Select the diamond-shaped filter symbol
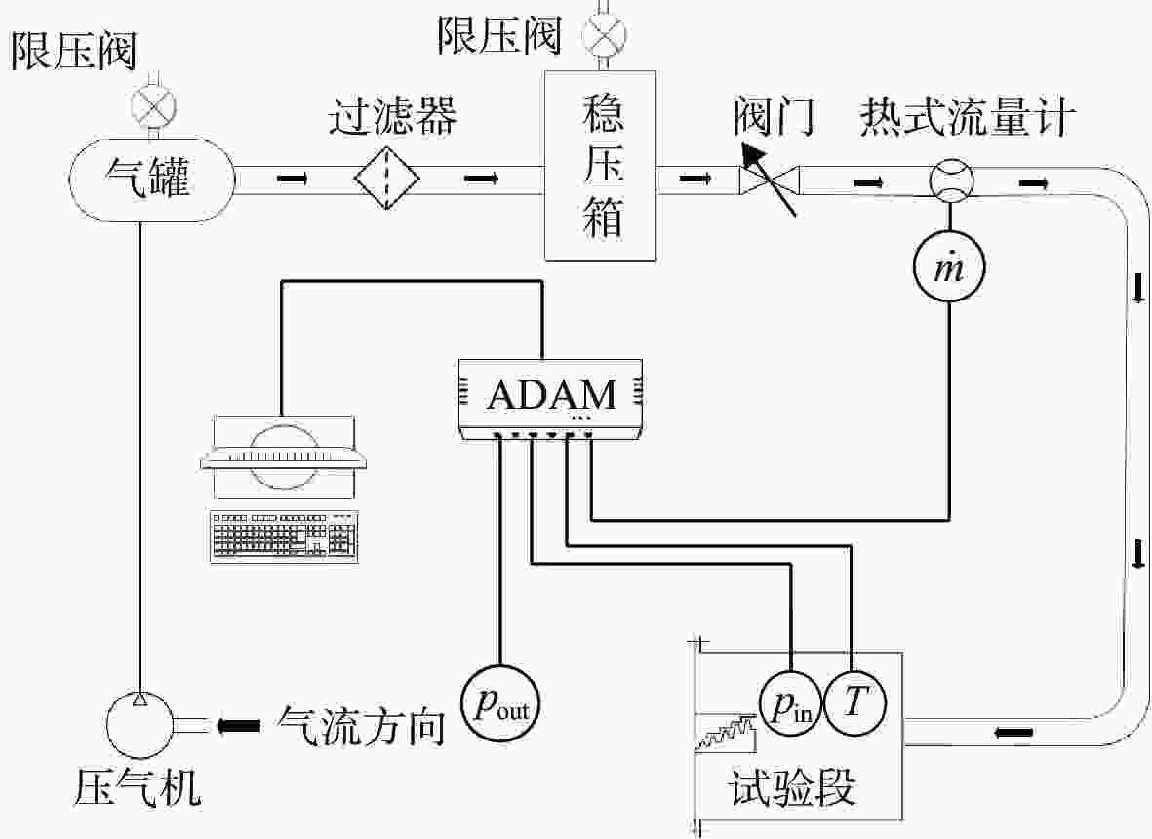[x=387, y=178]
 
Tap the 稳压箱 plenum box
[x=600, y=165]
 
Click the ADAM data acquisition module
[x=551, y=399]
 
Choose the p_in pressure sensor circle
[x=790, y=703]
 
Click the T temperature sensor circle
[x=854, y=703]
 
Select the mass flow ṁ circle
[x=949, y=266]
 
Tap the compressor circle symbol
[x=139, y=725]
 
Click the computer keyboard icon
[x=284, y=537]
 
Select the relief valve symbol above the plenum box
[x=604, y=34]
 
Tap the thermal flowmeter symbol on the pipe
[x=951, y=180]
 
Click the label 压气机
[x=138, y=788]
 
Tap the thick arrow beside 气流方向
[x=239, y=726]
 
